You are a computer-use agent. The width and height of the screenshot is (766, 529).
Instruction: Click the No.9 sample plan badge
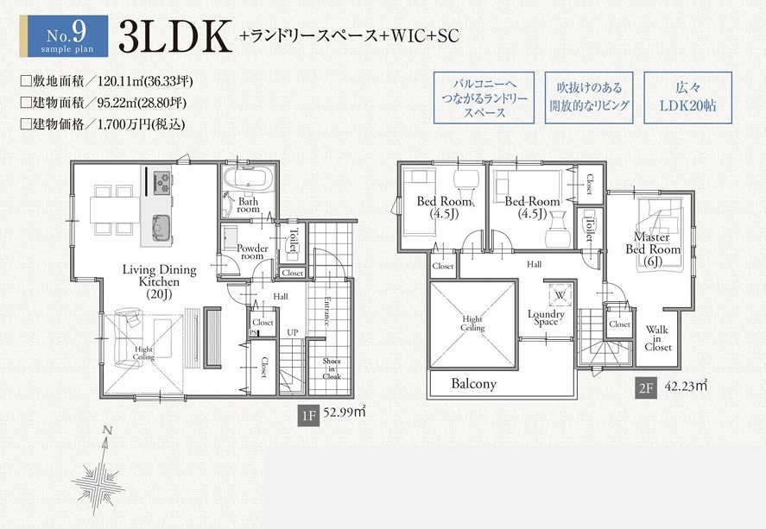point(64,36)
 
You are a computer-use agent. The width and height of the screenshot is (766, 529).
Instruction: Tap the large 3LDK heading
point(174,36)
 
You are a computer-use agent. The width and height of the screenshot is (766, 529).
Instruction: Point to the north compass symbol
point(100,471)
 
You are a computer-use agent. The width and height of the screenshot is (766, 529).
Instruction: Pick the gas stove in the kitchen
point(162,181)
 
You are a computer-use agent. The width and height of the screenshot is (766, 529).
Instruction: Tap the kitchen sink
point(161,228)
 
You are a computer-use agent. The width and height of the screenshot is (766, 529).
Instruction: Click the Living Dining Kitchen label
point(159,281)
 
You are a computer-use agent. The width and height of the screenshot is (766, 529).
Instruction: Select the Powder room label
point(252,252)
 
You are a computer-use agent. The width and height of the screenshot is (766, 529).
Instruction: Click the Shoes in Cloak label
point(332,369)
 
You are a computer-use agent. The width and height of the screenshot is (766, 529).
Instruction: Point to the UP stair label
point(292,333)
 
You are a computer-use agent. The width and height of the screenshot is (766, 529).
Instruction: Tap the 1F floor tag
point(309,416)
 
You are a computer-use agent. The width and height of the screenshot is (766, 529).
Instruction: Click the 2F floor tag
point(645,388)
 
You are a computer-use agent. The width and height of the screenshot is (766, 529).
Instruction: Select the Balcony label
point(474,383)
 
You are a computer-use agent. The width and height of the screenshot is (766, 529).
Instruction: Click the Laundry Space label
point(546,318)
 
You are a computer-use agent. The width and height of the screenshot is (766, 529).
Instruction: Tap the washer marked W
point(560,295)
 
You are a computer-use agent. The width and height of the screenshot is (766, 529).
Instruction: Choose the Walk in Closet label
point(657,338)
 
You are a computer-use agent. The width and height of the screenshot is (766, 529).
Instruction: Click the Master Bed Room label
point(653,249)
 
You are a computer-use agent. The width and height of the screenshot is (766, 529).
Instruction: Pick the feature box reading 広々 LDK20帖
point(687,98)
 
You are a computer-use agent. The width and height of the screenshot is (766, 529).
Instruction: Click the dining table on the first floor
point(116,210)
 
